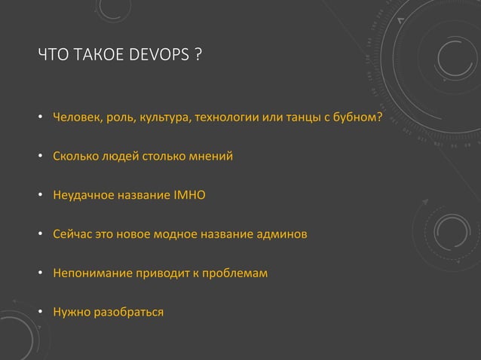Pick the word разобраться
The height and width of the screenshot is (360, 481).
tap(127, 310)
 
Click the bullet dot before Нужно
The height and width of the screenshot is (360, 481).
tap(40, 311)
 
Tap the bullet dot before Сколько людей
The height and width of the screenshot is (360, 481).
tap(40, 157)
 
